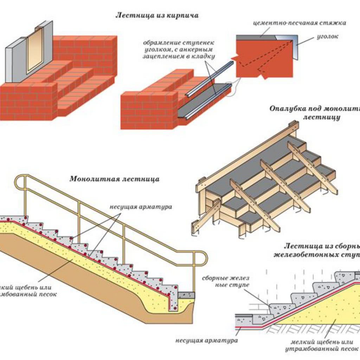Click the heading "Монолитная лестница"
[x=114, y=179]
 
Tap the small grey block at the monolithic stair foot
[x=186, y=294]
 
